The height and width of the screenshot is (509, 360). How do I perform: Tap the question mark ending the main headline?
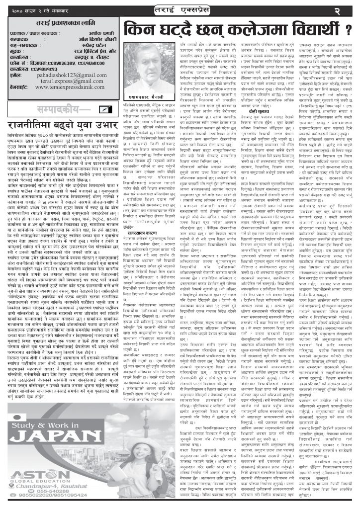[x=348, y=31]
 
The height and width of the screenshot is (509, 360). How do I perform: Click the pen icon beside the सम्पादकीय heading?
[x=105, y=109]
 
